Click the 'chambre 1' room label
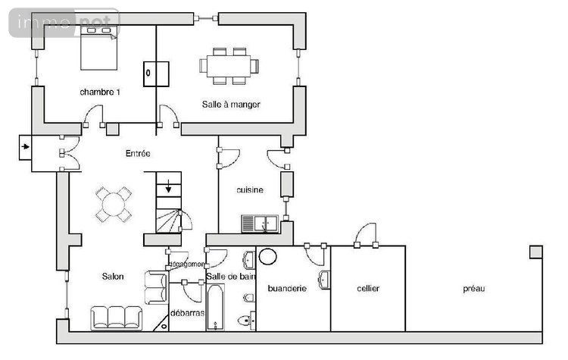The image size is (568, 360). tap(100, 92)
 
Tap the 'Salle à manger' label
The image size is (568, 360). tap(231, 104)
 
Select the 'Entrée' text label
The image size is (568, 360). tap(138, 154)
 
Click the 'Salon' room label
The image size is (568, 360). tap(113, 277)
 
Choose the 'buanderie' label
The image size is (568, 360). tap(287, 289)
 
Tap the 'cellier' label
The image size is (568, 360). tap(367, 289)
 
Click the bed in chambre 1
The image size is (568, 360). tap(100, 45)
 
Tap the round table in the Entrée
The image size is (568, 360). tap(114, 204)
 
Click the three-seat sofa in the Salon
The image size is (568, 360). tap(117, 318)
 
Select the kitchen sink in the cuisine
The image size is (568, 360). tap(260, 223)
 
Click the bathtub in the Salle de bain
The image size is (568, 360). tap(215, 308)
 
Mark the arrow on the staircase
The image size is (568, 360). tap(168, 186)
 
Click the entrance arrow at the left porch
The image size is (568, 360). tap(26, 147)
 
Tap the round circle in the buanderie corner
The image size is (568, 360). tap(267, 255)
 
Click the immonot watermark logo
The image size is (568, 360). tap(64, 23)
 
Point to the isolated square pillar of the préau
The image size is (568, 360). tap(535, 252)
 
